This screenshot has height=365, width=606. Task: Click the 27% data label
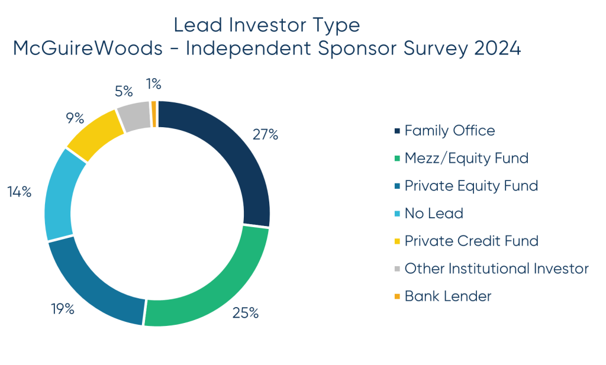point(265,134)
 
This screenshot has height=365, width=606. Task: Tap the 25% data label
point(246,313)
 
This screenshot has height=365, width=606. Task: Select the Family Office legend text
point(449,130)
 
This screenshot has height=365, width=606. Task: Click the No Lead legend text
point(434,213)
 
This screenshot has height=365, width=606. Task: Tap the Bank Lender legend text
point(448,296)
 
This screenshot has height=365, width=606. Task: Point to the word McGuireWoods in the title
point(88,49)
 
